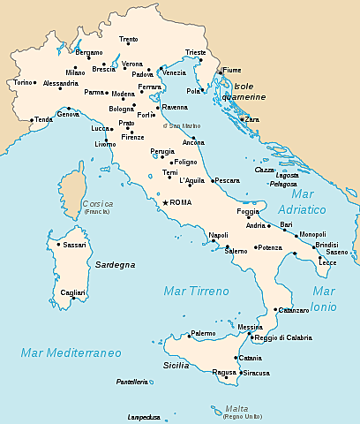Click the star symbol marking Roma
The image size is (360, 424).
coord(164,202)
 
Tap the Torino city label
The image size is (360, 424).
coord(22,82)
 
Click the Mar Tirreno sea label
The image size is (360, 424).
coord(196,290)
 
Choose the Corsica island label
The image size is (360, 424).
coord(97,203)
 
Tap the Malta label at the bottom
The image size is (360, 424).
coord(236,408)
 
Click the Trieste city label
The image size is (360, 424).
coord(196,52)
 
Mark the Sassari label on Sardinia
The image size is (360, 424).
coord(74,245)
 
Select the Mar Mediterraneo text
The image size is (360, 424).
coord(71,352)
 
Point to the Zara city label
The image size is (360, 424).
coord(252,118)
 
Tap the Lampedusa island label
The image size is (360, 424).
coord(144,417)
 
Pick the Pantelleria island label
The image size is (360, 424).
coord(132,382)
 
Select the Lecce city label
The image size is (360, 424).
coord(327,262)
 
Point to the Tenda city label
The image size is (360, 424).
coord(44,119)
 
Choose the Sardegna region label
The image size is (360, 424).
coord(115,264)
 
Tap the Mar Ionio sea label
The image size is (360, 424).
coord(324,299)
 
